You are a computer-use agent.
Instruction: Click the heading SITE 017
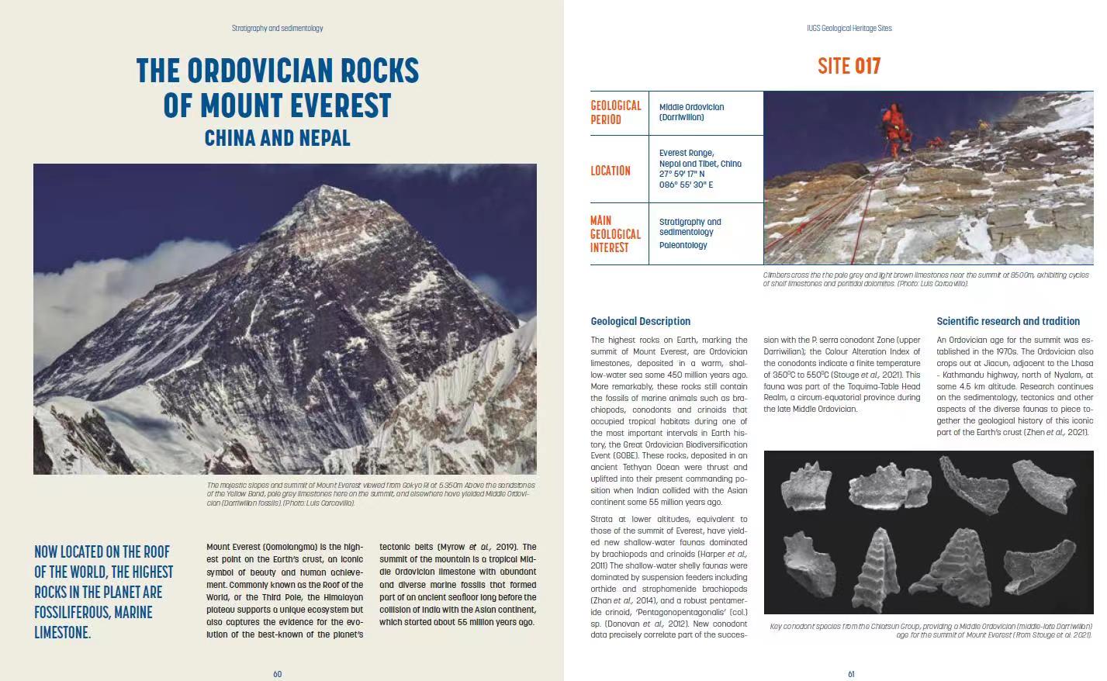pos(849,67)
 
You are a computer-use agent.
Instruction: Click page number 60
pos(277,674)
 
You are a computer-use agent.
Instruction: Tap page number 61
pos(850,674)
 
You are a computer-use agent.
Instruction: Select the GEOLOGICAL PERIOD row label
pos(616,112)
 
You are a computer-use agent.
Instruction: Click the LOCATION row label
pos(611,171)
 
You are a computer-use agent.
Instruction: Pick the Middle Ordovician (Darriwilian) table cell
pos(691,112)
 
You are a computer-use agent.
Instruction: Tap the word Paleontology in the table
pos(683,245)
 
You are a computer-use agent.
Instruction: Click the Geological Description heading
pos(640,321)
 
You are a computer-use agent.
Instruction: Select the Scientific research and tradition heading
pos(1008,321)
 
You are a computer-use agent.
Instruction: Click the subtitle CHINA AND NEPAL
pos(277,138)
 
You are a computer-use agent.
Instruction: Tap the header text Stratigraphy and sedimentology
pos(277,28)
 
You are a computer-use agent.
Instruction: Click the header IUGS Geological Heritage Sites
pos(849,28)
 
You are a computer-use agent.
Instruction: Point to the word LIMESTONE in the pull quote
pos(61,633)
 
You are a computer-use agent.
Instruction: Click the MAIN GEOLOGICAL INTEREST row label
pos(615,234)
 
